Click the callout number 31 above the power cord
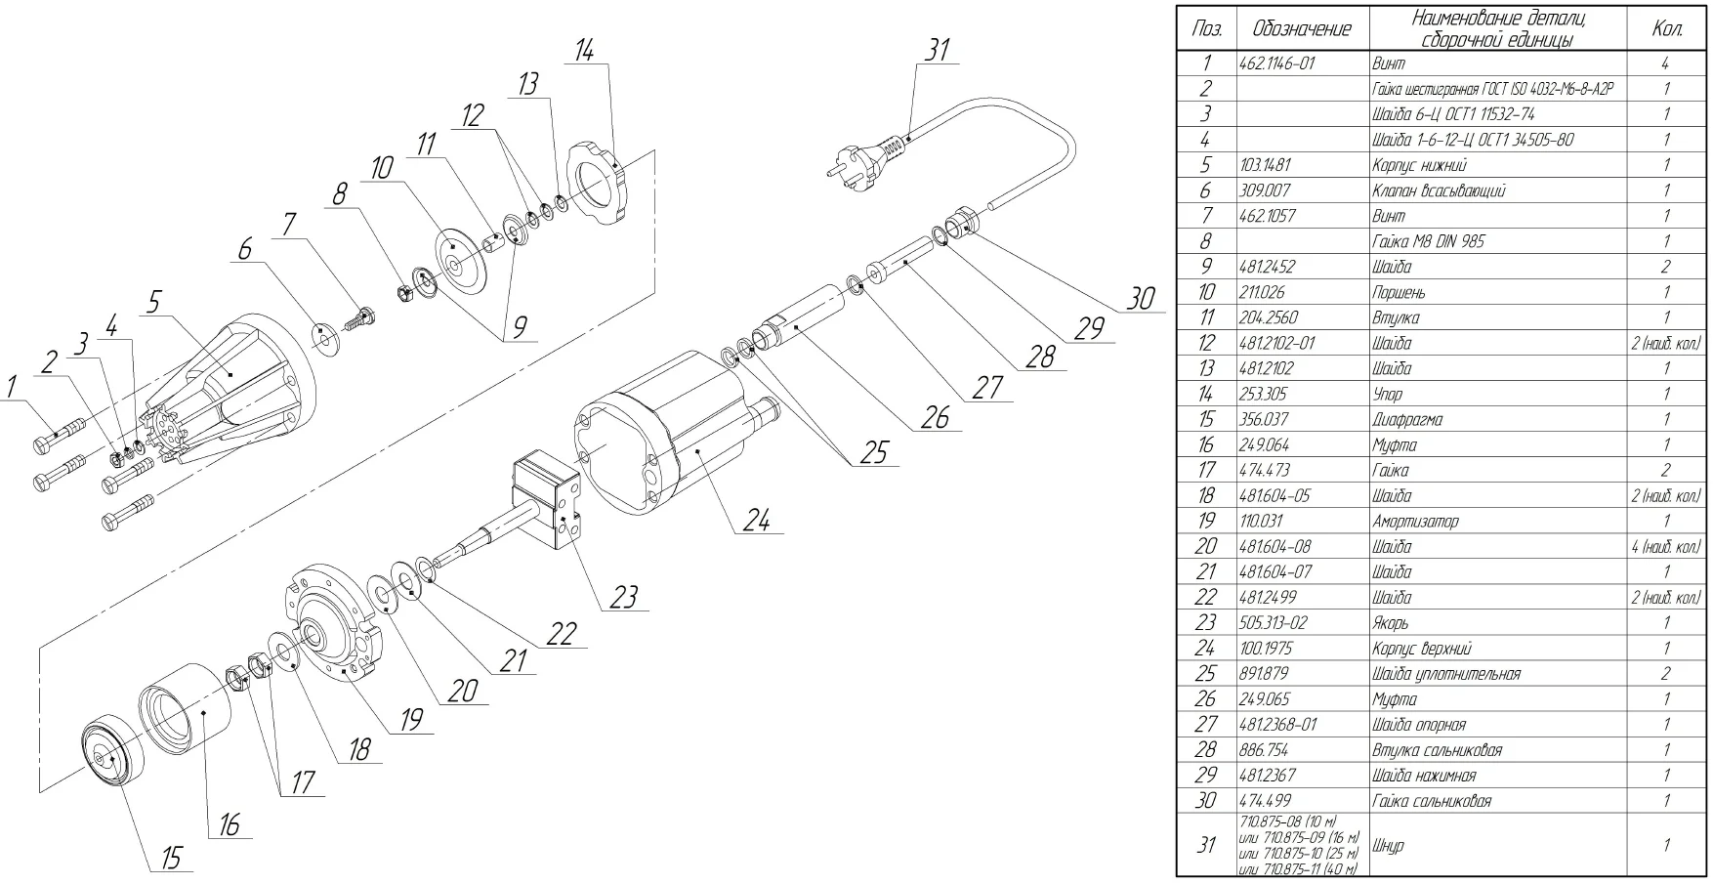click(x=938, y=50)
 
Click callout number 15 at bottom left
click(x=171, y=858)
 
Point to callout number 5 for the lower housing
click(x=153, y=302)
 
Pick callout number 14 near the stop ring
click(x=584, y=50)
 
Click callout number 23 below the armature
click(x=624, y=596)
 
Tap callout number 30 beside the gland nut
click(x=1141, y=298)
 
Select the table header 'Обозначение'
click(x=1302, y=29)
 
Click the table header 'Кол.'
click(x=1666, y=29)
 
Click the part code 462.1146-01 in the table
click(x=1276, y=63)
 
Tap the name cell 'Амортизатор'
click(x=1415, y=521)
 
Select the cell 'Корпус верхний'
click(x=1421, y=648)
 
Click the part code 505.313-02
click(x=1272, y=622)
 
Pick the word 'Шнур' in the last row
click(x=1388, y=845)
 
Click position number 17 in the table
click(x=1206, y=470)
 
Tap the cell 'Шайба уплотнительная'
click(x=1445, y=673)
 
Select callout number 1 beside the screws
click(x=12, y=387)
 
